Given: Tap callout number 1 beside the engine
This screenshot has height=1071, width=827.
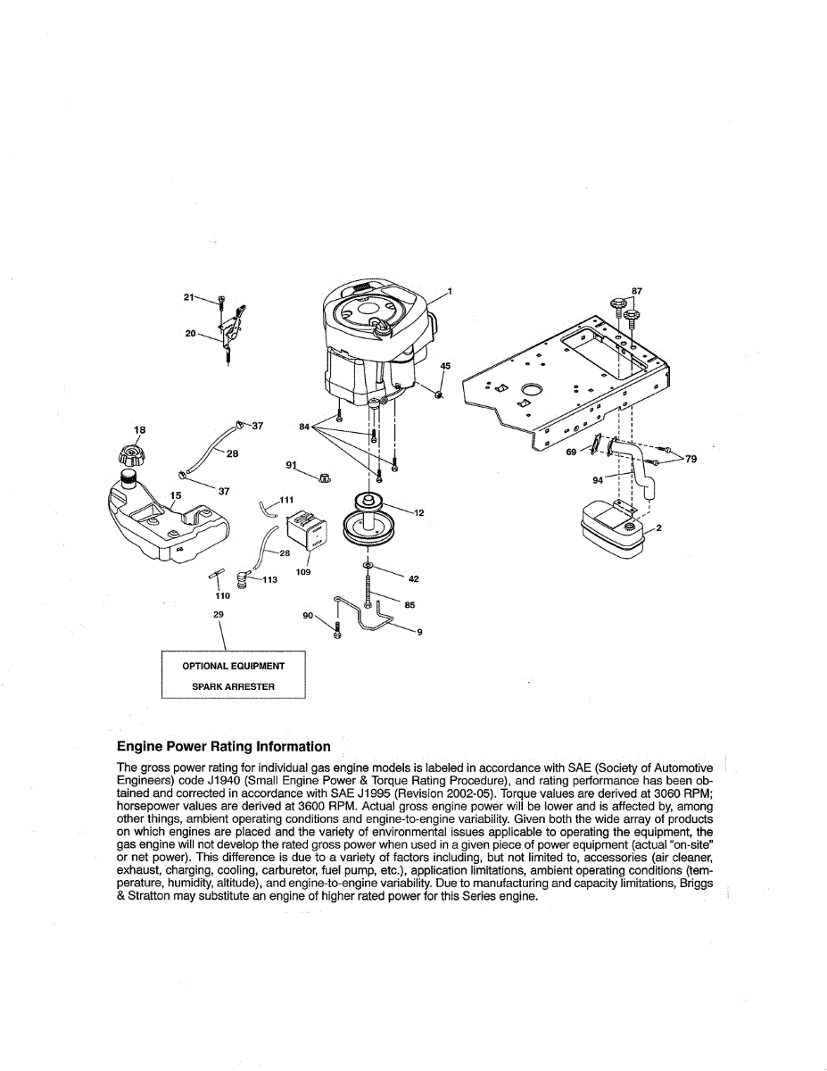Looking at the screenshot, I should coord(451,292).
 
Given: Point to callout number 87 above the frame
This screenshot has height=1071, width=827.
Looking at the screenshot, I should coord(636,291).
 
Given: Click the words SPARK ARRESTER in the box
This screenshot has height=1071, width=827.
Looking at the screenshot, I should coord(234,686).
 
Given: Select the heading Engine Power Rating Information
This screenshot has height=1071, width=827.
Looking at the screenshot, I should coord(223,746).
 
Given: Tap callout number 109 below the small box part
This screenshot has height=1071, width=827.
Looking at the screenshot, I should coord(303,571).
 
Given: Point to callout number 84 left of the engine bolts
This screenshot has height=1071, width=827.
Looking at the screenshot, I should coord(304,427).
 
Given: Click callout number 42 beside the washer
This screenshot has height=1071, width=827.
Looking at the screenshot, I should coord(413,578).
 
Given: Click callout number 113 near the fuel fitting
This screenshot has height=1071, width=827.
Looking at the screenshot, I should coord(269,579).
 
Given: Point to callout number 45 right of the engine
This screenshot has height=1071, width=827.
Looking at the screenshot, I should coord(445,366).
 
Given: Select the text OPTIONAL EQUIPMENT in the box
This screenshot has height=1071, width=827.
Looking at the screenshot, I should coord(234,666).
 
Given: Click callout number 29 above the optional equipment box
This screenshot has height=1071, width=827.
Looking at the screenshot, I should coord(219,614).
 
